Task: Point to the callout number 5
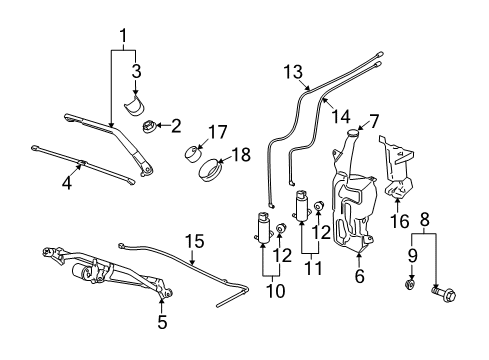click(161, 323)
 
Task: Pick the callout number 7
click(374, 122)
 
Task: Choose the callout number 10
click(267, 290)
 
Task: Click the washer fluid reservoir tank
click(350, 215)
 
